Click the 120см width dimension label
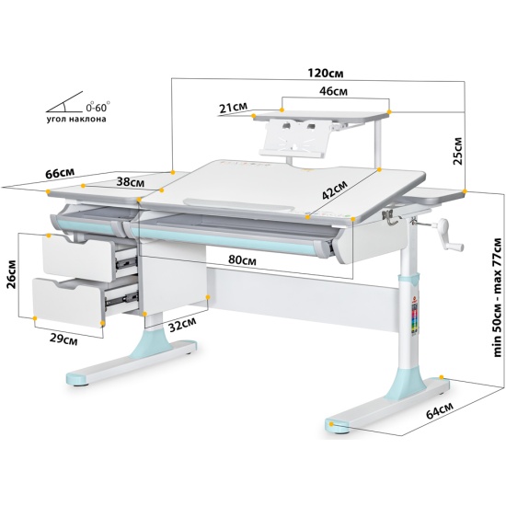click(326, 73)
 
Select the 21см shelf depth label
click(233, 108)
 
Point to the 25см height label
click(457, 151)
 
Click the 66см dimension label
click(60, 173)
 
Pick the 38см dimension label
click(131, 182)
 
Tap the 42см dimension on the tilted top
click(335, 190)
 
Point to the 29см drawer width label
click(63, 339)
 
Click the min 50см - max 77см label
click(498, 297)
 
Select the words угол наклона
click(76, 119)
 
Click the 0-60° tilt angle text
click(98, 106)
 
